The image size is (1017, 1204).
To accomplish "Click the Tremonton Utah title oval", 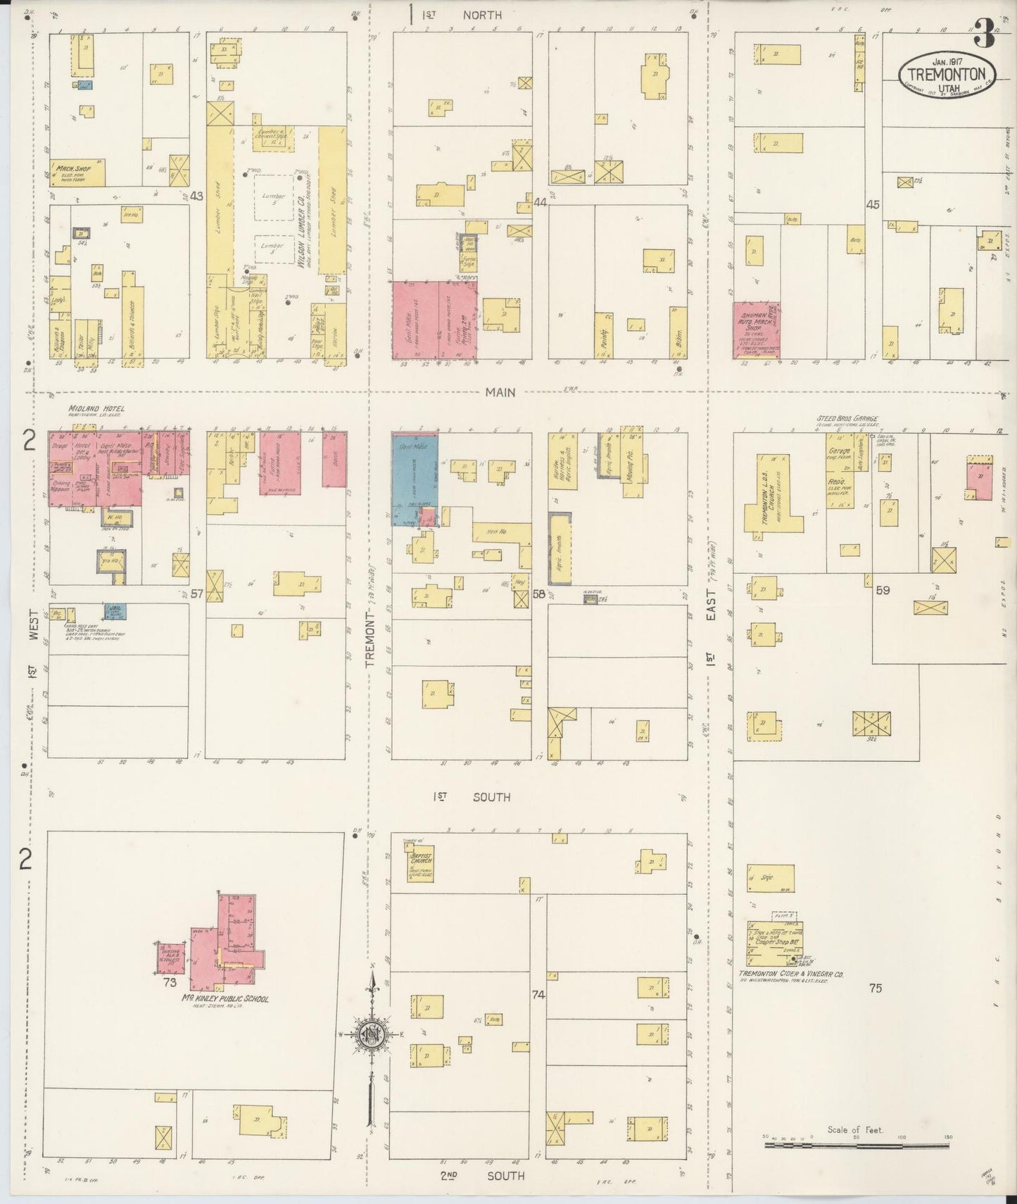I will (947, 70).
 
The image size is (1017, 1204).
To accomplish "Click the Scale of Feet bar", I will (857, 1146).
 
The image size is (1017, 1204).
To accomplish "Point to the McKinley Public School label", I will (225, 998).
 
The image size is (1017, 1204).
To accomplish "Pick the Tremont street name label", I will (371, 637).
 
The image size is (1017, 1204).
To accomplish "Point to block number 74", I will (538, 995).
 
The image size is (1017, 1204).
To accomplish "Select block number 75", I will (875, 988).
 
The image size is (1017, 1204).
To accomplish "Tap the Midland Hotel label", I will (96, 408).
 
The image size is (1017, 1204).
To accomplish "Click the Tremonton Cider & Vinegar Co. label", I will (791, 975).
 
